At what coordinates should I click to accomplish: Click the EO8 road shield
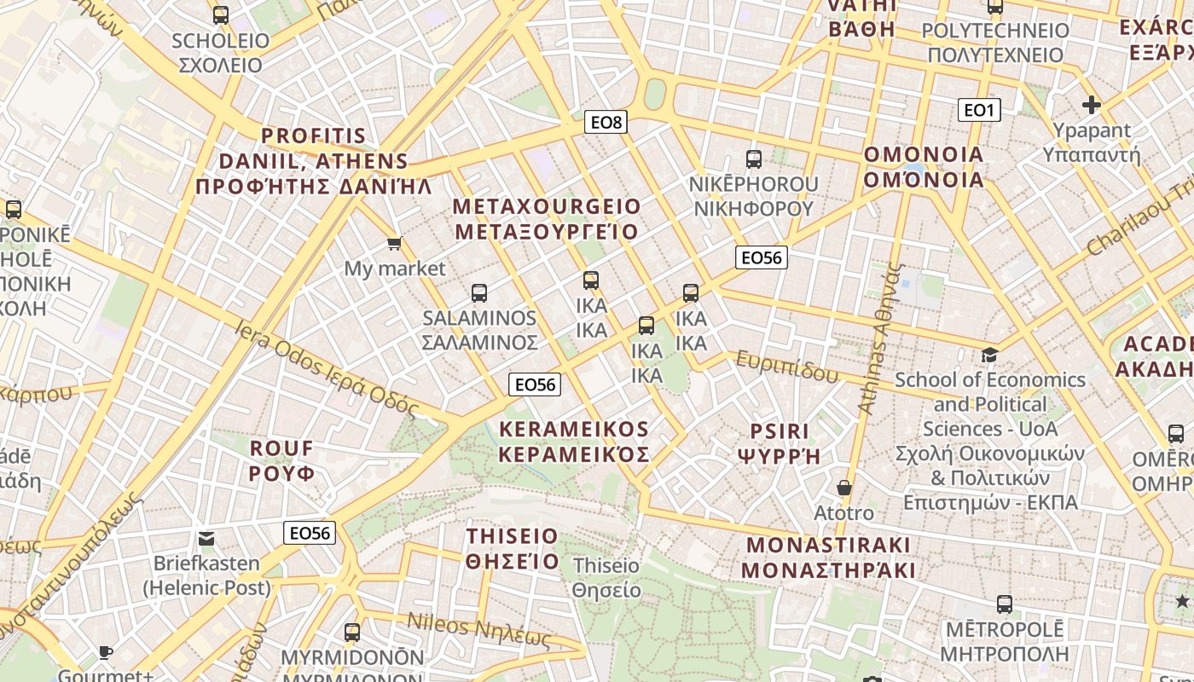pyautogui.click(x=607, y=122)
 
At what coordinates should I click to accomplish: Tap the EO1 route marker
pyautogui.click(x=978, y=109)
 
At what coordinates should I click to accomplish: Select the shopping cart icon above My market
pyautogui.click(x=394, y=245)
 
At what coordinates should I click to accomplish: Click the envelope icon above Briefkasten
pyautogui.click(x=206, y=539)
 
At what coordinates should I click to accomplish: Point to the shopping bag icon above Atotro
pyautogui.click(x=843, y=488)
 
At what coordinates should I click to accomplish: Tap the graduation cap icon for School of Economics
pyautogui.click(x=989, y=355)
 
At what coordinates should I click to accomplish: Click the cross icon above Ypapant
pyautogui.click(x=1091, y=105)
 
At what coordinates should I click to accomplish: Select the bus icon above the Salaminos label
pyautogui.click(x=479, y=293)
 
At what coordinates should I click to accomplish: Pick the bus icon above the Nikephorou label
pyautogui.click(x=753, y=159)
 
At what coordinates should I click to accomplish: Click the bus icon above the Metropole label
pyautogui.click(x=1005, y=604)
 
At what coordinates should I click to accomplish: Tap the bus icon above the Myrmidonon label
pyautogui.click(x=352, y=633)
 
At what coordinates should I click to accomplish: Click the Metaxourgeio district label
pyautogui.click(x=546, y=219)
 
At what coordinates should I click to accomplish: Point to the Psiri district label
pyautogui.click(x=780, y=443)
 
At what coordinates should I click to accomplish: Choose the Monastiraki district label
pyautogui.click(x=828, y=558)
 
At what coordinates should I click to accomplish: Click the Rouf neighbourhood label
pyautogui.click(x=281, y=460)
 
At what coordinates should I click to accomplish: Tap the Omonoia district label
pyautogui.click(x=924, y=167)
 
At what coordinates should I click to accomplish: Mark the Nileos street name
pyautogui.click(x=478, y=630)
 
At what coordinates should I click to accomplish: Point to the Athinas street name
pyautogui.click(x=880, y=339)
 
